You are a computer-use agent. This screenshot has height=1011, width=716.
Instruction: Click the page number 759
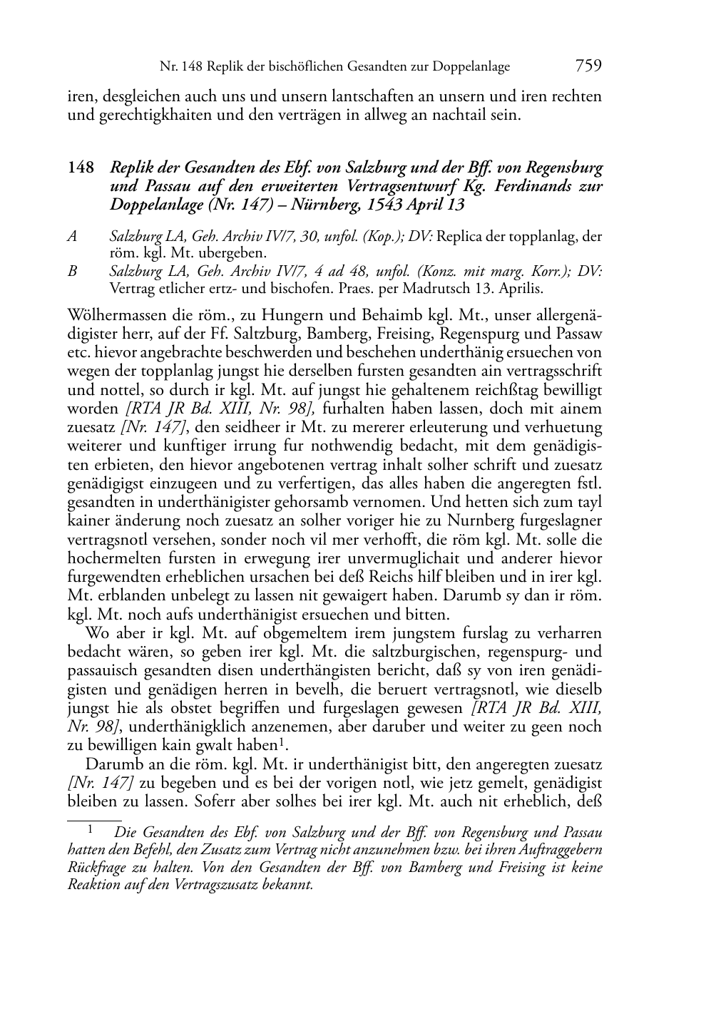pyautogui.click(x=588, y=66)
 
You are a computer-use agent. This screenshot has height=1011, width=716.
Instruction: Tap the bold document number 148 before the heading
pyautogui.click(x=81, y=168)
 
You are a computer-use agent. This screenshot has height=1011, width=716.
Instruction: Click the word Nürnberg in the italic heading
pyautogui.click(x=314, y=205)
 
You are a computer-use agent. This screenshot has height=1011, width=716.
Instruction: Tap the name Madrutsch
pyautogui.click(x=426, y=289)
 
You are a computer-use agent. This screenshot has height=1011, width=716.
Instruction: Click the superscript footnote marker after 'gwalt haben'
pyautogui.click(x=283, y=741)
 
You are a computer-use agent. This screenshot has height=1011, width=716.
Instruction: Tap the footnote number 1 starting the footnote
pyautogui.click(x=91, y=830)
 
